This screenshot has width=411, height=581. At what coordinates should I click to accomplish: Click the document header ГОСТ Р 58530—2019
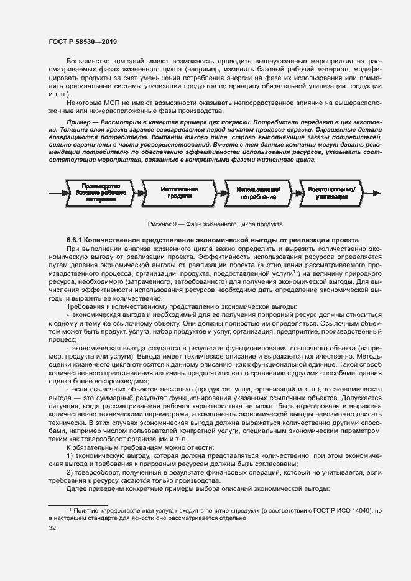pos(82,42)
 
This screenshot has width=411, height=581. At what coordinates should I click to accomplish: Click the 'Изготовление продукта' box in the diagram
pos(180,193)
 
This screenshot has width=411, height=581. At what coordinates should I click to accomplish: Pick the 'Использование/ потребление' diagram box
pos(256,193)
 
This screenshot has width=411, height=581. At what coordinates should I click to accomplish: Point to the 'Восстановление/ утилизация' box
pos(331,193)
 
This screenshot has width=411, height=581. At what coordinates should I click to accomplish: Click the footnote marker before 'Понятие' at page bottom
pos(68,510)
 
